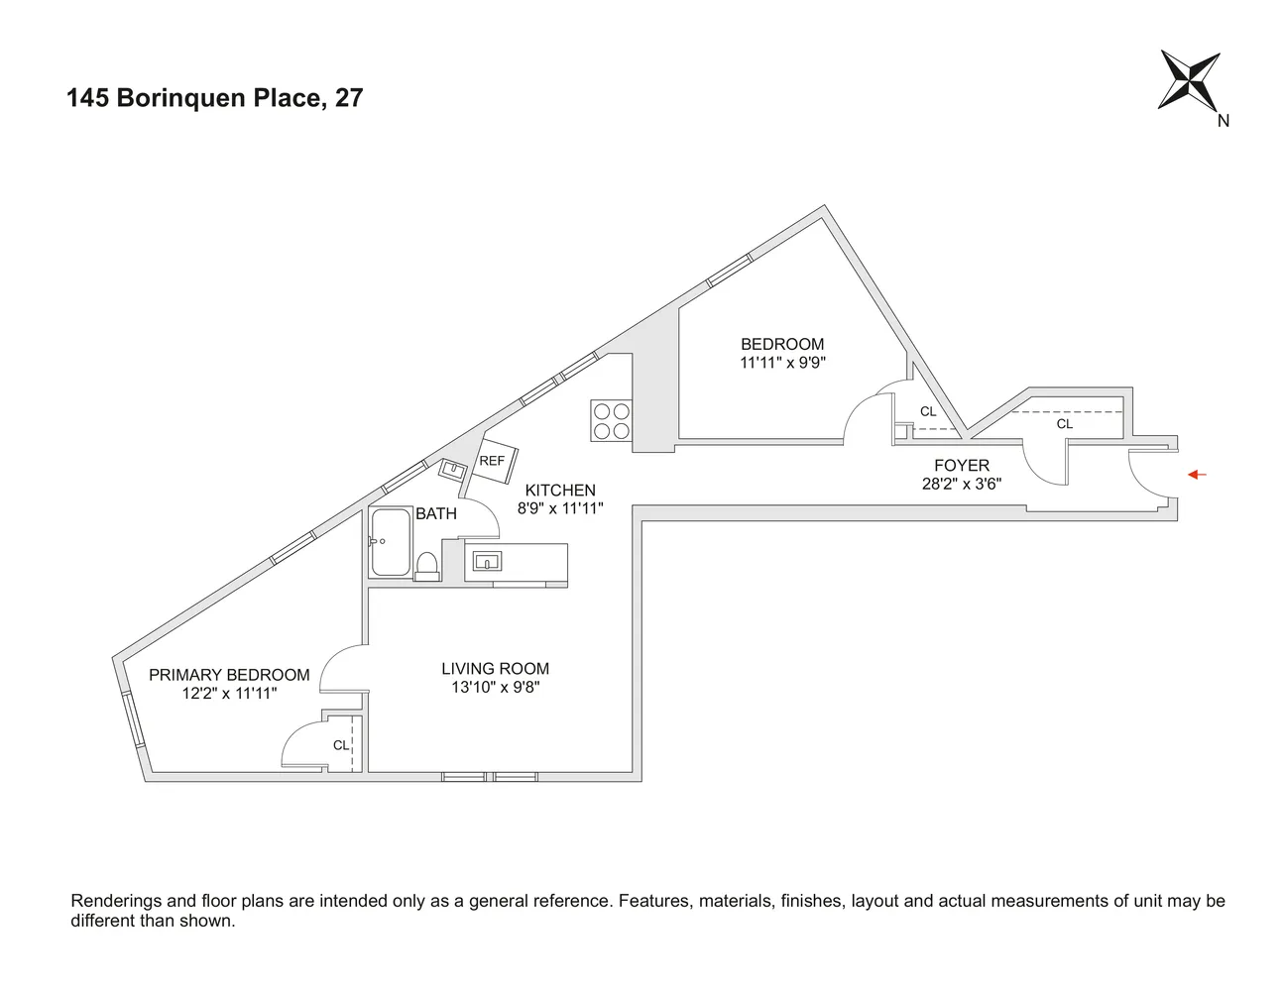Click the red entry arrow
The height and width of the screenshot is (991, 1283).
1198,475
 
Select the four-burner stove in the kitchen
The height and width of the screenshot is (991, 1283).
611,419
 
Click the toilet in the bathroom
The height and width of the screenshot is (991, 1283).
428,566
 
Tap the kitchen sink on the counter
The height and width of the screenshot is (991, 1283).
487,562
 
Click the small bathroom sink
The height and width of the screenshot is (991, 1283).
453,469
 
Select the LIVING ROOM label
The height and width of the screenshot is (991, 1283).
495,669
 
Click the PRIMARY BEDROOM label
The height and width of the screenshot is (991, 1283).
229,675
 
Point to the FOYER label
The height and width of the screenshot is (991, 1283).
962,465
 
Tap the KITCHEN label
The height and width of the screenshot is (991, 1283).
560,491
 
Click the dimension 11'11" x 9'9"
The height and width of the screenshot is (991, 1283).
782,363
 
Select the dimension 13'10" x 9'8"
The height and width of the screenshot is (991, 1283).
495,687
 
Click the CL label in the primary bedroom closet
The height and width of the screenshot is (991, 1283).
340,745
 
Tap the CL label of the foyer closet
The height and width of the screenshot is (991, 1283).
1064,424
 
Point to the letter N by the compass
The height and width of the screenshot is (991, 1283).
1224,121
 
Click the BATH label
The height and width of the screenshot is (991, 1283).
436,514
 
